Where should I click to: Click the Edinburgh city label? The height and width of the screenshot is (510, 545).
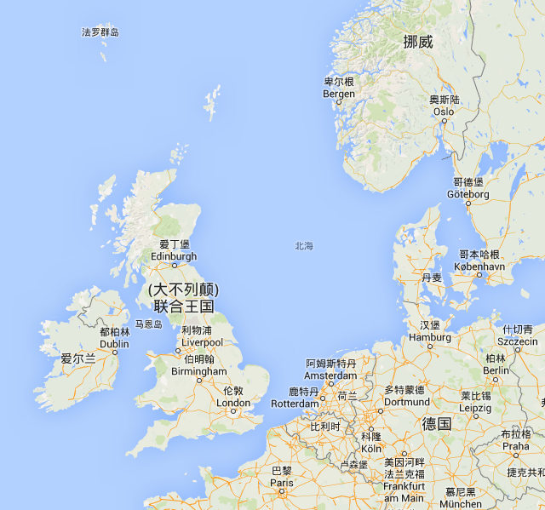pos(174,255)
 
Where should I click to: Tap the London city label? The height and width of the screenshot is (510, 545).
pos(234,403)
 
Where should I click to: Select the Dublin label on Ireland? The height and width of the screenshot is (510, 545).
pos(114,344)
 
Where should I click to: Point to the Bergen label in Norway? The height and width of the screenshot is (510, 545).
pos(339,94)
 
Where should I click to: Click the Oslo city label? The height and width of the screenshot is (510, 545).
pos(444,112)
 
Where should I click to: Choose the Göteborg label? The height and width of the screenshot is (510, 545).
pos(468,194)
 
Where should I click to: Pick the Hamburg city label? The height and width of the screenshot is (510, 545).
pos(429,337)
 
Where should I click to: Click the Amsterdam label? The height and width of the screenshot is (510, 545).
pos(331,375)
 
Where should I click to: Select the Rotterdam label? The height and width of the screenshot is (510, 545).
pos(295,404)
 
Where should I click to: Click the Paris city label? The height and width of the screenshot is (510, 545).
pos(282,482)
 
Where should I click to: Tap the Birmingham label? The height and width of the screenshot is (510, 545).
pos(198,371)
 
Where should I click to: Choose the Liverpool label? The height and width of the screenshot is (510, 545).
pos(202,342)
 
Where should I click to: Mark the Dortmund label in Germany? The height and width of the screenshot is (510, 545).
pos(407,401)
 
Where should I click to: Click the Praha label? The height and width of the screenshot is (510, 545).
pos(515,445)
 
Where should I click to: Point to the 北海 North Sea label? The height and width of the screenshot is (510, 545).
pos(304,246)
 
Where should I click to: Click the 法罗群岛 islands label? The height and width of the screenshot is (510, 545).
pos(100,32)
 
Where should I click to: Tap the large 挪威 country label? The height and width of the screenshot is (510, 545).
pos(418,42)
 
